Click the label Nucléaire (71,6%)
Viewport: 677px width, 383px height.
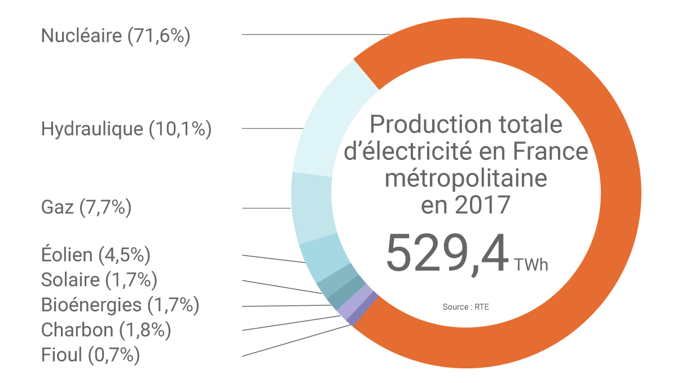tap(116, 36)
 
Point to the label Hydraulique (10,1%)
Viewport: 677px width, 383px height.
tap(126, 129)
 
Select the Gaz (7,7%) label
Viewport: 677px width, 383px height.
tap(86, 207)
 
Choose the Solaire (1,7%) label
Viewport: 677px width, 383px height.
tap(99, 279)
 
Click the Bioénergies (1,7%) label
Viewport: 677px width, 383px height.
tap(120, 305)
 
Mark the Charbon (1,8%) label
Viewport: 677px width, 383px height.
tap(106, 329)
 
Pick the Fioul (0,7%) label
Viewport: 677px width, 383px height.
tap(90, 355)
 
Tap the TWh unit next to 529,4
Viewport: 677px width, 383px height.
tap(531, 265)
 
